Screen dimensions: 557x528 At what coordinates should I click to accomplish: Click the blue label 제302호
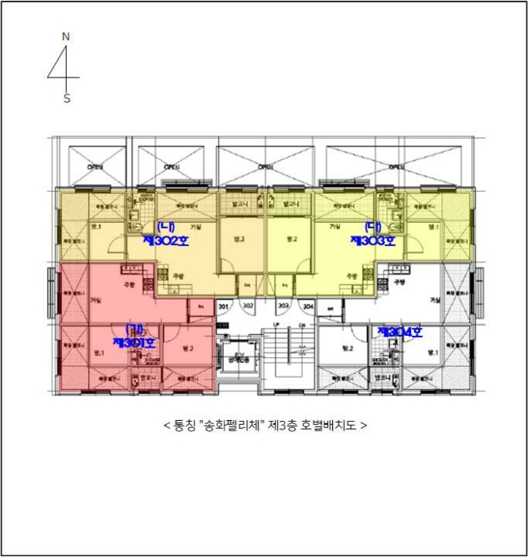[166, 239]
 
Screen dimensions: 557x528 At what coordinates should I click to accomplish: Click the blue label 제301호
[134, 342]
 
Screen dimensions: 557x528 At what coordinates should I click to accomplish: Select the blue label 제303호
[373, 239]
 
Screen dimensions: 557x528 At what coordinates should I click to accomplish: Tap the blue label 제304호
[399, 332]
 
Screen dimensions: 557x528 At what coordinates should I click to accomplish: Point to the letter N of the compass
[66, 37]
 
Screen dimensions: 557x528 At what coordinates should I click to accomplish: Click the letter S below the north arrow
[67, 99]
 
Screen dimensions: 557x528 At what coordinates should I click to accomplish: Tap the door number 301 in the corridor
[223, 306]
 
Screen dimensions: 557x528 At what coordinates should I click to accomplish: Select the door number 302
[248, 306]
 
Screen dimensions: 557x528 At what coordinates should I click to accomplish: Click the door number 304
[308, 306]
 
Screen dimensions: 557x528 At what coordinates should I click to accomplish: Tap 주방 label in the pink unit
[129, 284]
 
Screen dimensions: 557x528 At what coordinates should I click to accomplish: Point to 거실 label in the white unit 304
[434, 300]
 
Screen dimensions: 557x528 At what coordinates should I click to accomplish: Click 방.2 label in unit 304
[346, 348]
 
